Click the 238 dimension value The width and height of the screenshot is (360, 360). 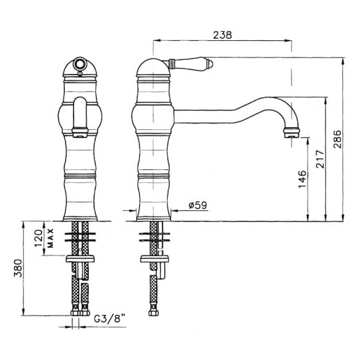[222, 35]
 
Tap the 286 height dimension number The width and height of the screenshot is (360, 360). [338, 139]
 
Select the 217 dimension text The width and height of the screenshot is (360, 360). [320, 159]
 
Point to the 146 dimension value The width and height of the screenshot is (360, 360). [302, 179]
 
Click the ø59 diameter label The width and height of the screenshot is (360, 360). [198, 205]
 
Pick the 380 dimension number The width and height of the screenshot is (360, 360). [18, 268]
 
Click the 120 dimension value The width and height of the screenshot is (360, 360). [38, 238]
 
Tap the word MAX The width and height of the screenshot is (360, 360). [51, 238]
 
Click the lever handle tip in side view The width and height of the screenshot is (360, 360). [210, 63]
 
